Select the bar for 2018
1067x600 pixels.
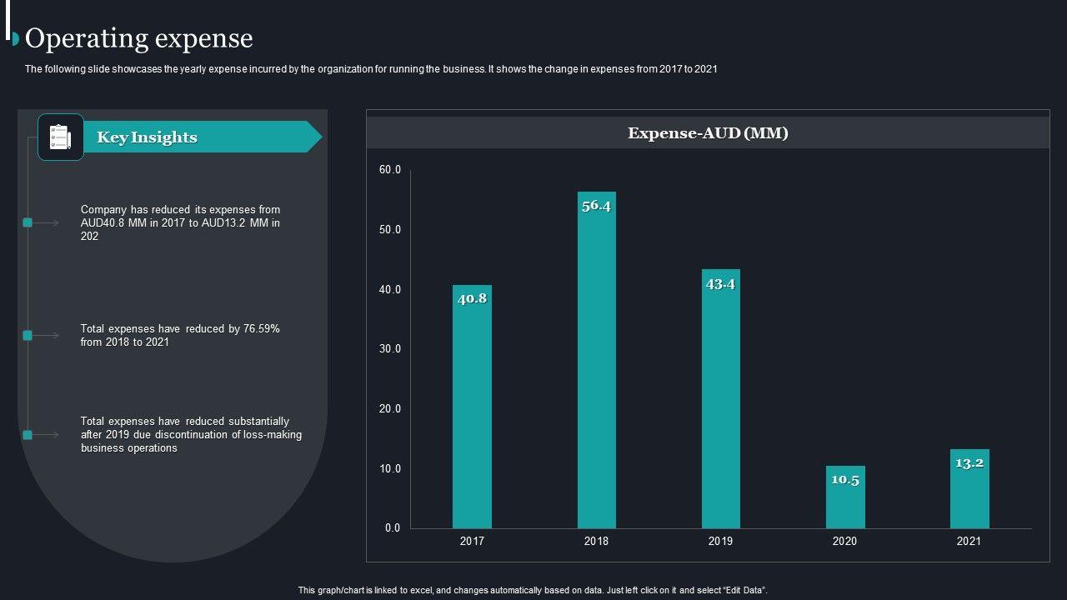[597, 367]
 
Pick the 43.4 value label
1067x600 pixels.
[720, 284]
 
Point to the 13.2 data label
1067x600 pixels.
[969, 463]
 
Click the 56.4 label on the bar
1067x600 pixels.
[597, 206]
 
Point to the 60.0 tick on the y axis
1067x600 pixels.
[390, 170]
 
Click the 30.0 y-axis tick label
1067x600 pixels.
[390, 349]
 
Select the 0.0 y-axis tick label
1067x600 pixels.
[393, 528]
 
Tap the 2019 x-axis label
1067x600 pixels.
[720, 542]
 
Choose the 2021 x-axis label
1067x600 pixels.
[969, 542]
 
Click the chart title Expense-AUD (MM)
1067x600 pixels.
[708, 133]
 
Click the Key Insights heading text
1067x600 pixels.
[147, 137]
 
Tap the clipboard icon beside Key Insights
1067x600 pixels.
[60, 137]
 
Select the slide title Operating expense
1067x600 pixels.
[139, 38]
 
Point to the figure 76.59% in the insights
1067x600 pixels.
[261, 329]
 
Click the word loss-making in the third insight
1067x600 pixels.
[273, 435]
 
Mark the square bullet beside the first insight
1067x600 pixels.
[28, 222]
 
